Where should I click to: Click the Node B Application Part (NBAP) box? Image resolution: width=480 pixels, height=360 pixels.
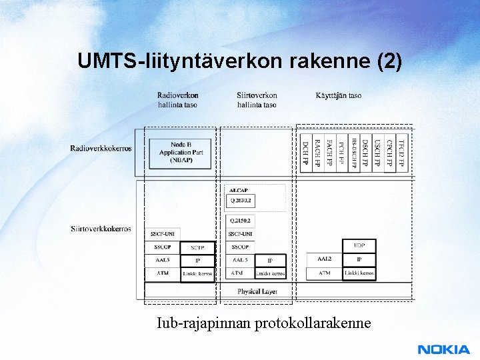pos(181,153)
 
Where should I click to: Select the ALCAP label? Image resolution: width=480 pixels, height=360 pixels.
pos(238,191)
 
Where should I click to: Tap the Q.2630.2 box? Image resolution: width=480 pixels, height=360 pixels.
pos(240,200)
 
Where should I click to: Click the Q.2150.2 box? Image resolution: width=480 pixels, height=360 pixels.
pos(241,221)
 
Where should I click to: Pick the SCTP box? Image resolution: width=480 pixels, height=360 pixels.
pos(197,247)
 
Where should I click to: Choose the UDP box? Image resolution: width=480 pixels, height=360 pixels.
pos(359,246)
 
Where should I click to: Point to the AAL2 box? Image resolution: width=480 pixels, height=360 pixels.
pos(324,259)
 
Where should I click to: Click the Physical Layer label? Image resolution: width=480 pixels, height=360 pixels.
pos(257,292)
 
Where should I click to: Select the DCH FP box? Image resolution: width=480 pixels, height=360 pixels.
pos(305,153)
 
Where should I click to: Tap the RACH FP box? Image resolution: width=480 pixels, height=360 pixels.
pos(317,153)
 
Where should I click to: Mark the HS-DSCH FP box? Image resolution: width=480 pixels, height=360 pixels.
pos(353,153)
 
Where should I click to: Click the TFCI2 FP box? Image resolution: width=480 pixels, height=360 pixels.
pos(401,153)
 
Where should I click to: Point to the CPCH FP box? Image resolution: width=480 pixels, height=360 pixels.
pos(389,153)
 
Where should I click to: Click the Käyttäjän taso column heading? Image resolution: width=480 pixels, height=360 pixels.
pos(339,95)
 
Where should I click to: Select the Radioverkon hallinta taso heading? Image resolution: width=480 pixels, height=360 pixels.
pos(177,100)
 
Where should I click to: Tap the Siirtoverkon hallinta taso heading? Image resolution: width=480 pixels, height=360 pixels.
pos(257,100)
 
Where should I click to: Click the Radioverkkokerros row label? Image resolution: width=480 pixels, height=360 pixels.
pos(101,148)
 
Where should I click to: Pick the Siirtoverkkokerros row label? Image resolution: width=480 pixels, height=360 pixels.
pos(101,229)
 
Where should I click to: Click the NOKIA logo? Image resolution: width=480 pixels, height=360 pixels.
pos(443,349)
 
